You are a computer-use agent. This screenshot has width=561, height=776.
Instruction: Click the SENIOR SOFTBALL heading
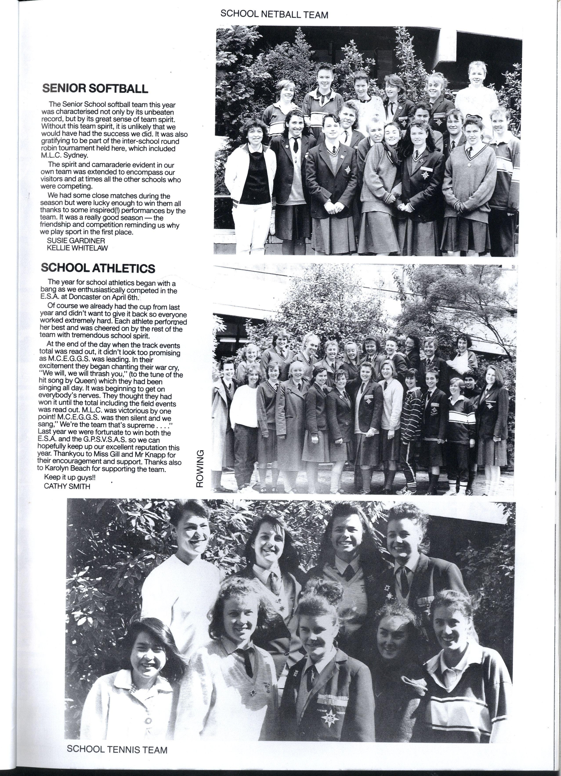95,88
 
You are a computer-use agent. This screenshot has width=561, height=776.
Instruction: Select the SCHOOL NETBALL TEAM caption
274,14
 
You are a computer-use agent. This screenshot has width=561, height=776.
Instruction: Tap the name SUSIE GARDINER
76,241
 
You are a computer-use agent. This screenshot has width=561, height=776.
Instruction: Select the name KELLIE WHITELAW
77,248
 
